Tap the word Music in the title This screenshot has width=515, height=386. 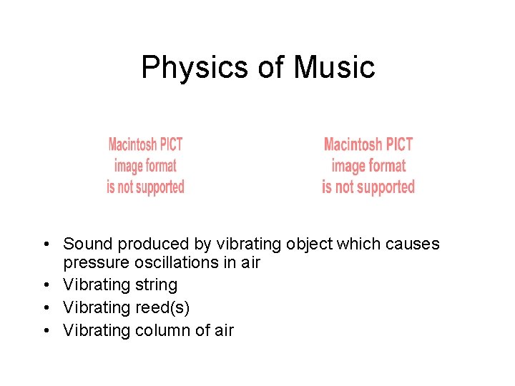334,68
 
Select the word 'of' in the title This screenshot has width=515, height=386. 271,68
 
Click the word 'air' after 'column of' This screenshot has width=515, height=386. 225,330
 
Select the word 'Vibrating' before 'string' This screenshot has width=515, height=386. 99,285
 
